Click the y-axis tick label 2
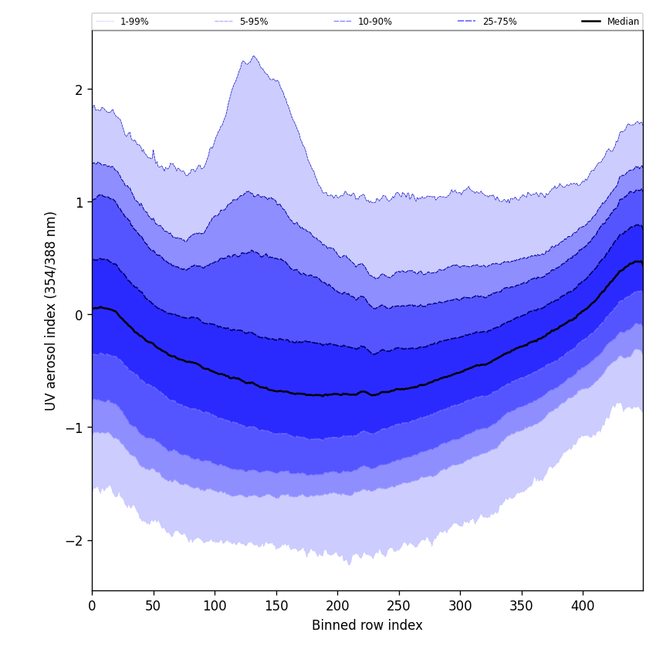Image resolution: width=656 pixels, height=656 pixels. pos(78,90)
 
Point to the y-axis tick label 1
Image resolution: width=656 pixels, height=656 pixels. pos(78,202)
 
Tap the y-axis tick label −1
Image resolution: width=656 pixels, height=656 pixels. pos(74,428)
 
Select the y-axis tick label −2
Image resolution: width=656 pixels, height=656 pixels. pos(74,540)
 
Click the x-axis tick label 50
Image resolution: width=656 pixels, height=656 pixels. pos(153,606)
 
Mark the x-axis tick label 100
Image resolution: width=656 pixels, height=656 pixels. pos(215,606)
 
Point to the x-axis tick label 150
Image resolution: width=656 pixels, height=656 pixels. pos(276,606)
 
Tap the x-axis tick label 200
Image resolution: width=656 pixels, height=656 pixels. pos(337,606)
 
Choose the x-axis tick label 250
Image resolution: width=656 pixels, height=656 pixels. pos(398,606)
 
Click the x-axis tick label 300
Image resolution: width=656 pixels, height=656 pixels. pos(460,606)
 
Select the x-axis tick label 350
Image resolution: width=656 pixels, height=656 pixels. pos(521,606)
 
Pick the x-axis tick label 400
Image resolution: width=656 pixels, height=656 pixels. pos(583,606)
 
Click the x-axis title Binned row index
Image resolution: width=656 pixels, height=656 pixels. pos(367,625)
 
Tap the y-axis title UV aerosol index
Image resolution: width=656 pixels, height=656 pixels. pos(51,310)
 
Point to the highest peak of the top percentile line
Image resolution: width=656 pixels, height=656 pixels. pos(253,56)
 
